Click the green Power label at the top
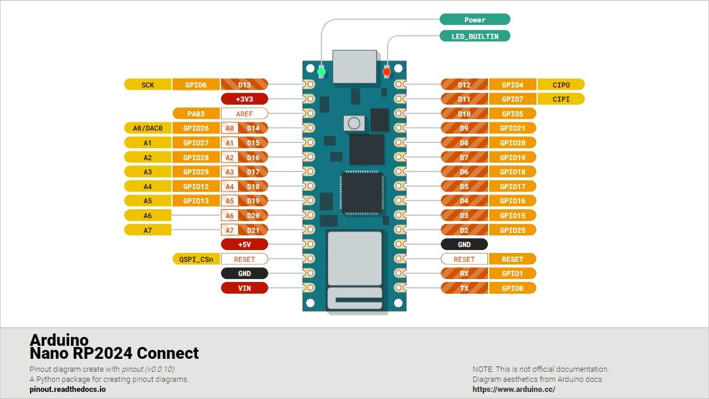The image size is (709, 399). (474, 20)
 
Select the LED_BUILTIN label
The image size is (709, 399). (474, 36)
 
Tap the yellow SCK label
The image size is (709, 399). (148, 85)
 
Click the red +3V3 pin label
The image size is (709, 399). (244, 99)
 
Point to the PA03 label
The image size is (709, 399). (196, 113)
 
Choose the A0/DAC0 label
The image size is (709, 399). (148, 128)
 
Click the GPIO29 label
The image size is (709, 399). (196, 171)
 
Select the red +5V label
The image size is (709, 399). (244, 244)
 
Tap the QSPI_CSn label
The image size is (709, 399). (196, 259)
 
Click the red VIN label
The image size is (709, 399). (244, 288)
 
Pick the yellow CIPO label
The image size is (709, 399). (561, 85)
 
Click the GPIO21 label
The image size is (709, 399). (512, 128)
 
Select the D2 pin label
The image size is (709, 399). (464, 230)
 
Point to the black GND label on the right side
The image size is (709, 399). (464, 244)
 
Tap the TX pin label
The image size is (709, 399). (464, 288)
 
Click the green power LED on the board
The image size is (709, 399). (321, 72)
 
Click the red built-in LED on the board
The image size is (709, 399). (387, 72)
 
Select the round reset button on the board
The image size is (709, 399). (354, 123)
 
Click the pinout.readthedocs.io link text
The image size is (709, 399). (68, 390)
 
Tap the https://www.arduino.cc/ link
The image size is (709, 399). (514, 390)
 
